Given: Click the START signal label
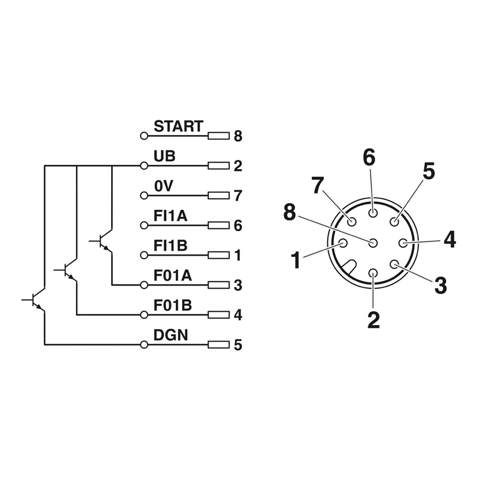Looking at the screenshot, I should [179, 127].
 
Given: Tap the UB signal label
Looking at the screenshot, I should [165, 157].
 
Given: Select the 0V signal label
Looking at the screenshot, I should [163, 186].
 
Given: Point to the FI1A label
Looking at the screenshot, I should [171, 216].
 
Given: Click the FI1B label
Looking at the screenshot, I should [171, 246].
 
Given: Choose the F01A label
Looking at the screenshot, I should [173, 276].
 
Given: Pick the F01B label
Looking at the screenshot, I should [173, 306].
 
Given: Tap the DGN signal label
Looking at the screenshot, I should [171, 336].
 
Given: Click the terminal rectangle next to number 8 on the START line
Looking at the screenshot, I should [219, 136].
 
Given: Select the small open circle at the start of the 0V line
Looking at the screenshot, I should [143, 195].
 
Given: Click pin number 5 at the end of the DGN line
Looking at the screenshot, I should [238, 345].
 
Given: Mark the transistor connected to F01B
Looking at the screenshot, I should [69, 271].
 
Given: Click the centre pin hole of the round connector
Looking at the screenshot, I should [373, 243].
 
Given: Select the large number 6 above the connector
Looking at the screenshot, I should [369, 158].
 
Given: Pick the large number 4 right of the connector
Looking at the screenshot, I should [449, 240].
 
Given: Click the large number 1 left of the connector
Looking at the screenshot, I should [295, 261].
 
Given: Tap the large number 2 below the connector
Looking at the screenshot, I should [373, 320].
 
